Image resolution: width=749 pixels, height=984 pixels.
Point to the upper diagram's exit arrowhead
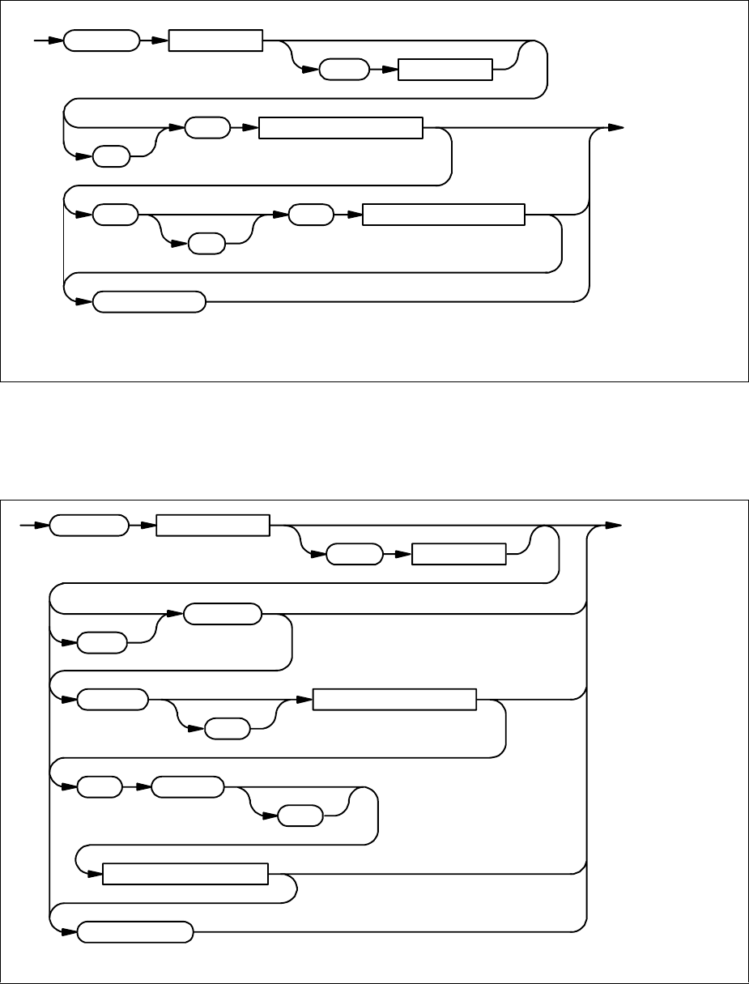tap(616, 128)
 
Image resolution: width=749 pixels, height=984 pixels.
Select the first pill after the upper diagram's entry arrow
tap(100, 40)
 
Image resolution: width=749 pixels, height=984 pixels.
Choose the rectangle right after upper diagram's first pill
tap(215, 40)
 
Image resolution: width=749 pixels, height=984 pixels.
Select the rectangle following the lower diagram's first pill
tap(212, 526)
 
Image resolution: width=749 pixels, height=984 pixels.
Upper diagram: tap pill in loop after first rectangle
tap(343, 70)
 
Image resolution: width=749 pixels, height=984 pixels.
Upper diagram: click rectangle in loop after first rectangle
tap(445, 70)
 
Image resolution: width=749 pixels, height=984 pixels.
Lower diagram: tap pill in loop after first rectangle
tap(354, 556)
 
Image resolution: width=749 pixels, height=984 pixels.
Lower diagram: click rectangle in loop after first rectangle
tap(459, 556)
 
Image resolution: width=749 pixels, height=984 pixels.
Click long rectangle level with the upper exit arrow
tap(340, 128)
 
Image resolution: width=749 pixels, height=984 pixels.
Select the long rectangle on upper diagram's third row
tap(444, 215)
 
